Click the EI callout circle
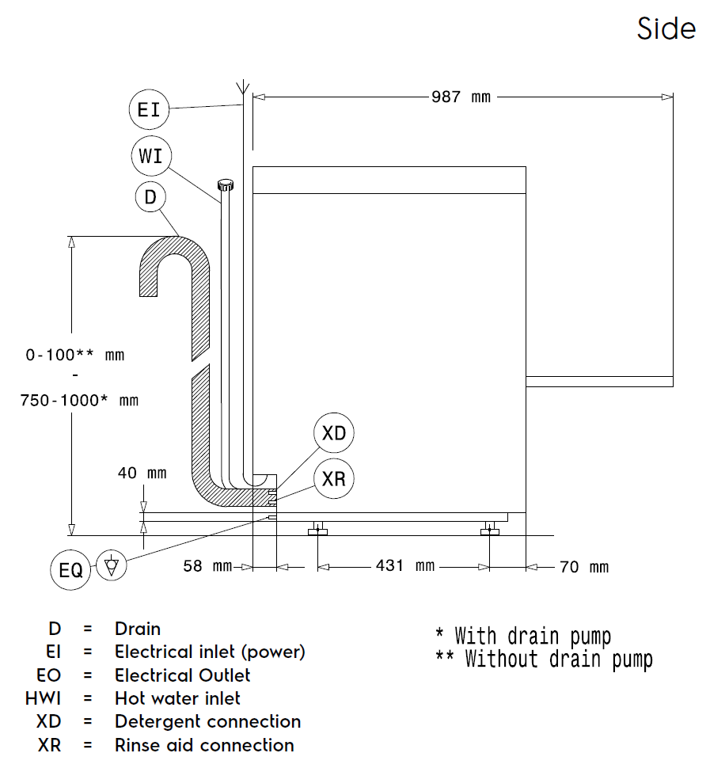pos(149,109)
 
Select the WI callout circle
pos(150,156)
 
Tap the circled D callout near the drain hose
pos(150,197)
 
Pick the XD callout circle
pos(334,433)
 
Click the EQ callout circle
pos(71,569)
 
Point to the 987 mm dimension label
pos(461,97)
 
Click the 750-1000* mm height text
pos(79,400)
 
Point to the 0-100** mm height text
pos(75,355)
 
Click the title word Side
pos(666,29)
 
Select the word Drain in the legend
pos(138,629)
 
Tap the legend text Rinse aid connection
pos(204,745)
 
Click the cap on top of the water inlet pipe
pos(226,185)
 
